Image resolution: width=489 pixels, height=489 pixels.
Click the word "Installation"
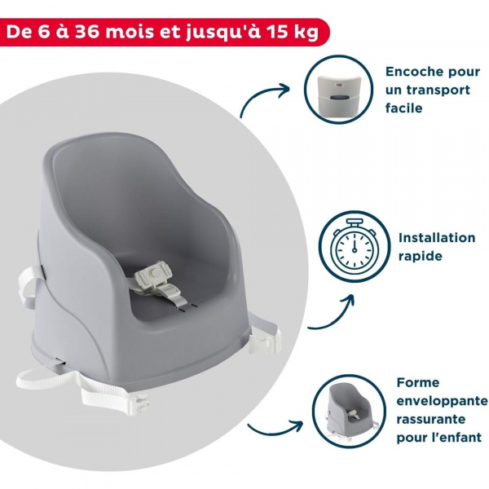coord(437,238)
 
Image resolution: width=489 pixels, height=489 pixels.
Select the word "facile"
coord(405,108)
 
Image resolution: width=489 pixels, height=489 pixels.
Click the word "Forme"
coord(418,381)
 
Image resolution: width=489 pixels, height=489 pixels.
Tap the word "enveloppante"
coord(442,402)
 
